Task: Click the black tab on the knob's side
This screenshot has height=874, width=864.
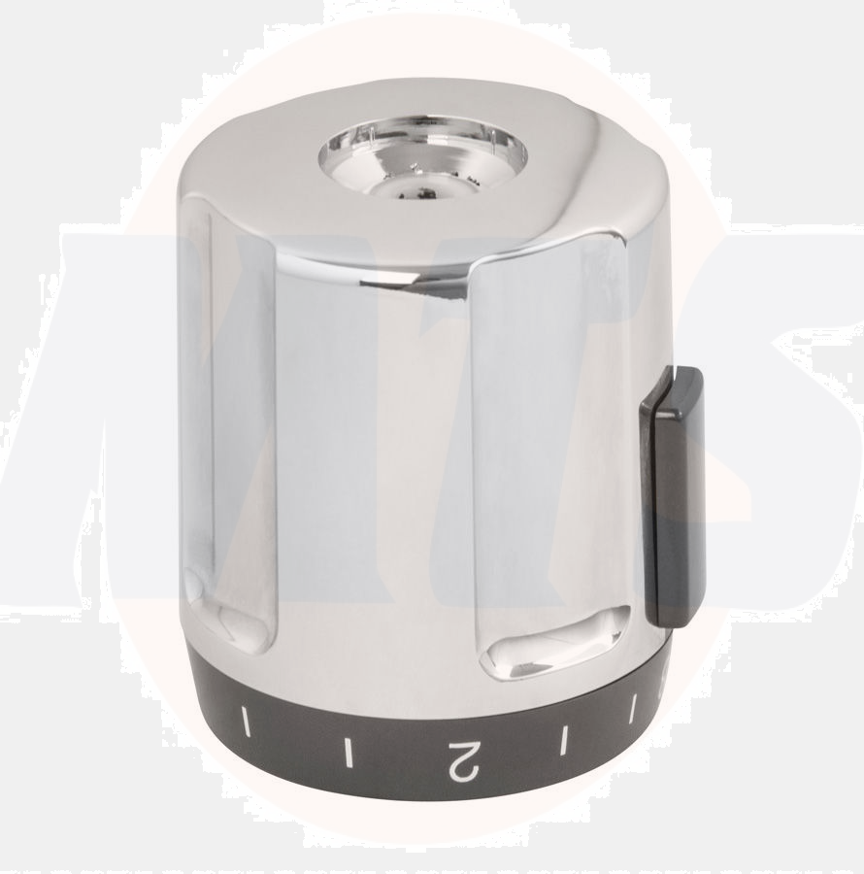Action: coord(672,495)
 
